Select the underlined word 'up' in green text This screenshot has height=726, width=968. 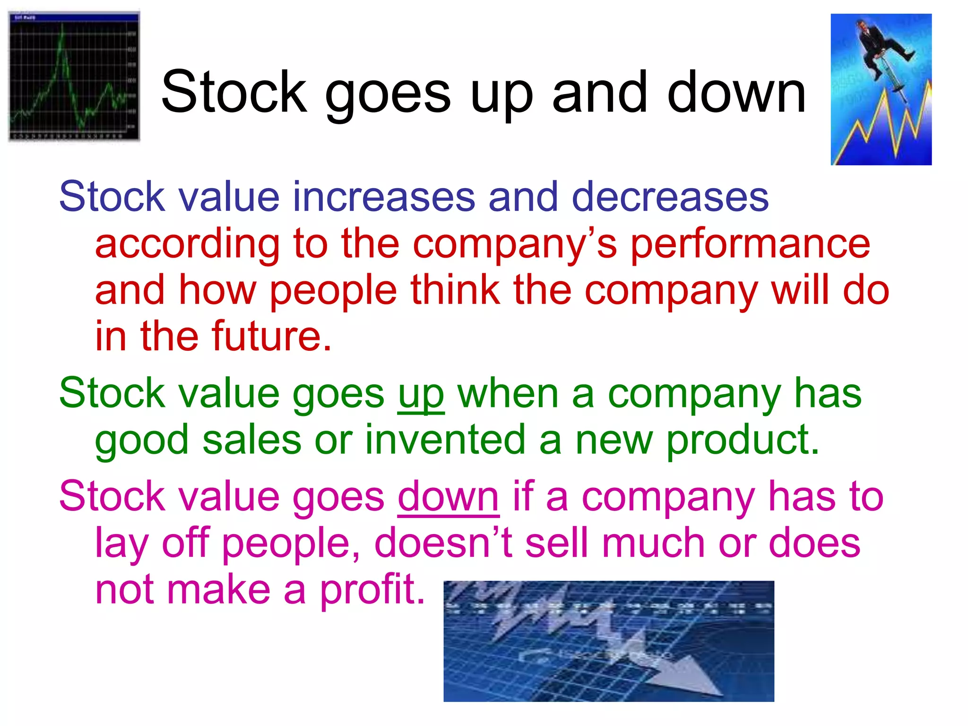point(421,395)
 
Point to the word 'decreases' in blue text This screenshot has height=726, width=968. point(670,197)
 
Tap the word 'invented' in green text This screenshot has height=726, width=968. point(445,441)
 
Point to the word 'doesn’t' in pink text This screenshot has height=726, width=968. point(443,544)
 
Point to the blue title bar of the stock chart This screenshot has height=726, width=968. point(74,17)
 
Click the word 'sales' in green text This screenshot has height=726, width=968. point(252,441)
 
